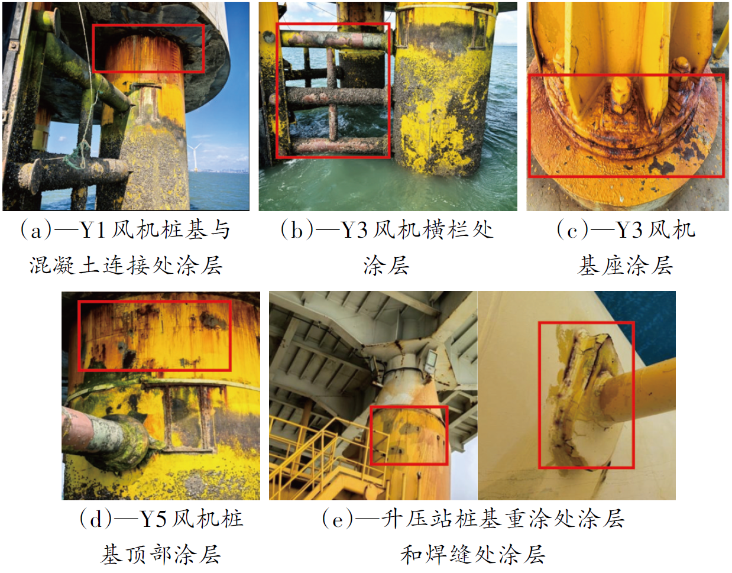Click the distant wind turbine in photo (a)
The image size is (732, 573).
click(x=195, y=156)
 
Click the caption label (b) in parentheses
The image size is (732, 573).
click(x=297, y=230)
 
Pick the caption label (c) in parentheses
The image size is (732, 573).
click(x=572, y=230)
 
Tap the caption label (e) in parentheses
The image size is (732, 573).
click(x=338, y=519)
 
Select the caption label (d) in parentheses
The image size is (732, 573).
click(x=95, y=519)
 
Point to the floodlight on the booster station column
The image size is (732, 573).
click(x=431, y=361)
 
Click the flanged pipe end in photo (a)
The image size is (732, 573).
click(x=31, y=176)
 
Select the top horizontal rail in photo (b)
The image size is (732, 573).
click(x=333, y=40)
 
